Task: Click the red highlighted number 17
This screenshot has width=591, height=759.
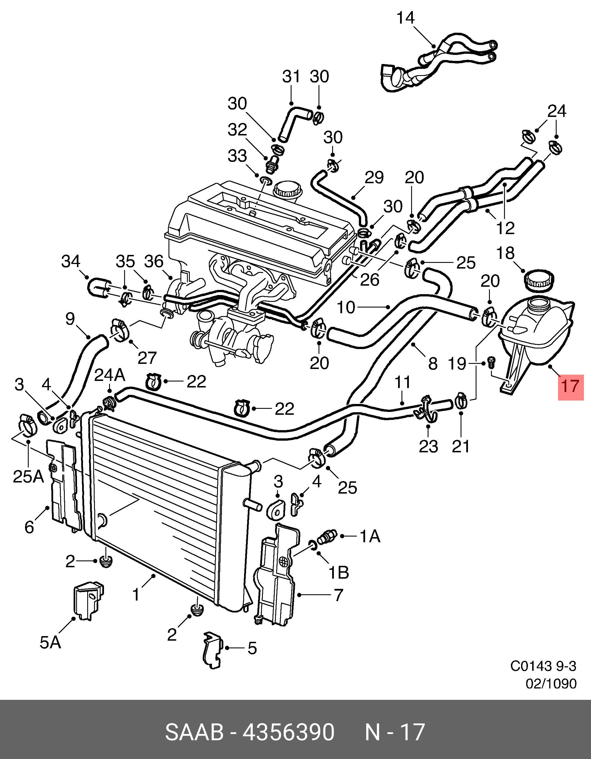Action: [x=571, y=386]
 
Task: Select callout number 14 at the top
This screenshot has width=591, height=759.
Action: [x=405, y=18]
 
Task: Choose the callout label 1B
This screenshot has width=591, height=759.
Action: [x=338, y=573]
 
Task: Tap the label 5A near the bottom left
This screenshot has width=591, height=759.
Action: [x=50, y=643]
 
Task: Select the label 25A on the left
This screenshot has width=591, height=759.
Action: [x=28, y=477]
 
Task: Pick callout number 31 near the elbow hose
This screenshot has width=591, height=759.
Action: [x=291, y=77]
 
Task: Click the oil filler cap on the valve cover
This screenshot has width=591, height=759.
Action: [x=288, y=190]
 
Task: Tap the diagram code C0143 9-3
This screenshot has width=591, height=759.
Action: [x=543, y=666]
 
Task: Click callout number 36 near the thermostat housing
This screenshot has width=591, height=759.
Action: [x=154, y=261]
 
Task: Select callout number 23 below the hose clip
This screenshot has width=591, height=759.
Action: [x=428, y=446]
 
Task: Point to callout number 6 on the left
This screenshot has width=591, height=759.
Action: [x=30, y=527]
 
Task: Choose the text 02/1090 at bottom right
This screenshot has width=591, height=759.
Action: [x=551, y=684]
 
